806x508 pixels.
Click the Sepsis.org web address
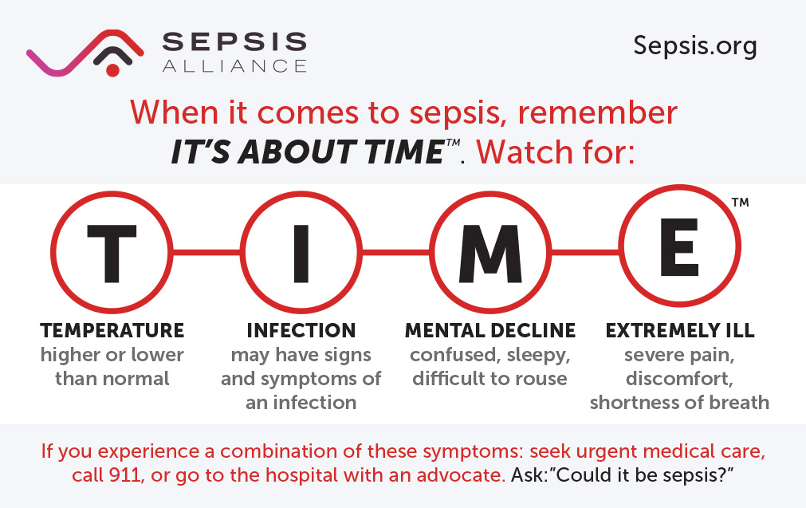pos(694,46)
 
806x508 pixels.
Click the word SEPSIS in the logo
pos(234,41)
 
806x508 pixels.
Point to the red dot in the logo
pos(112,70)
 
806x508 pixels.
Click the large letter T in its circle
pos(112,253)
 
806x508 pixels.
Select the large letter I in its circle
pos(301,253)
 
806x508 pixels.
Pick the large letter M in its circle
pos(490,253)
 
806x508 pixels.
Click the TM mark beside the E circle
pos(740,203)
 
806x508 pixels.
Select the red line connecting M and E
pos(584,253)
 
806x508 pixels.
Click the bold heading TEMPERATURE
pos(112,330)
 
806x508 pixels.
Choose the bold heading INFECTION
pos(301,330)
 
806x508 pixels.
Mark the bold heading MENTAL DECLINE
pos(490,330)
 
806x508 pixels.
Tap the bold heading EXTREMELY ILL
pos(679,330)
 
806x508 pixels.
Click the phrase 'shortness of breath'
pos(679,402)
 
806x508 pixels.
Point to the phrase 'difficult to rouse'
pos(490,378)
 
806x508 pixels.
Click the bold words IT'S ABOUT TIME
pos(308,152)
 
